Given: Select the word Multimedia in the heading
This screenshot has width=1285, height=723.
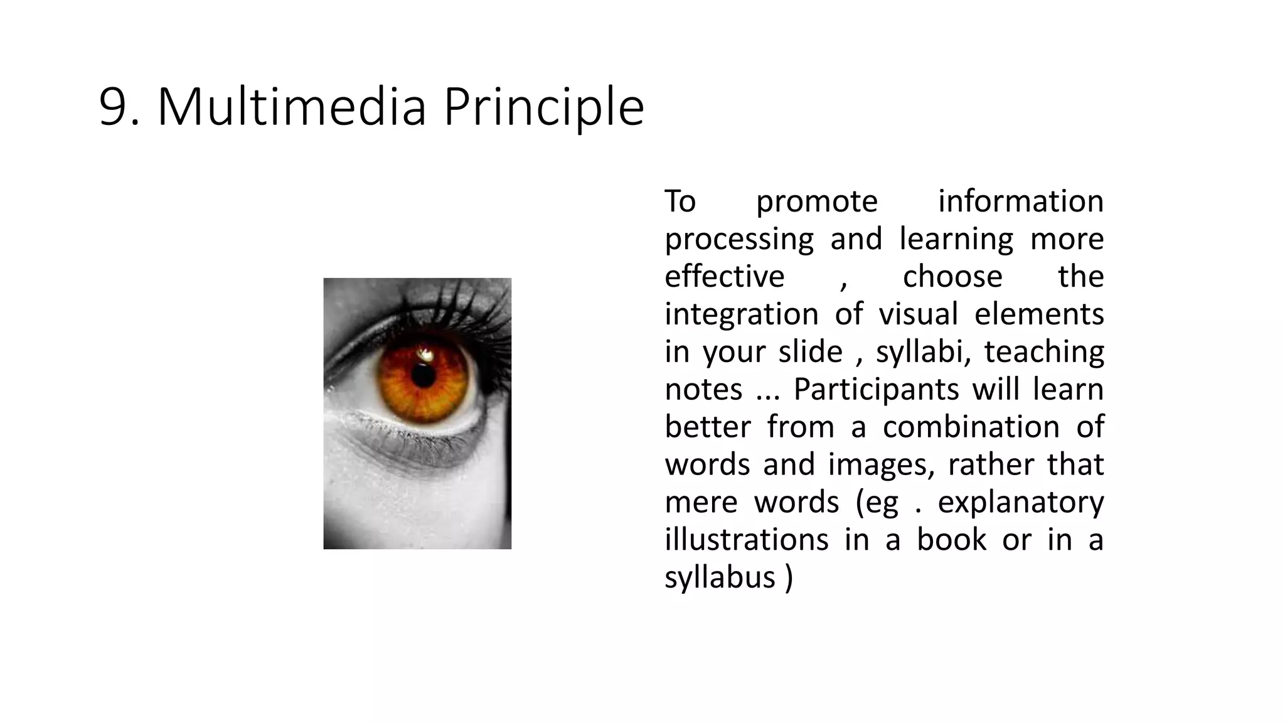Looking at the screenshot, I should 292,107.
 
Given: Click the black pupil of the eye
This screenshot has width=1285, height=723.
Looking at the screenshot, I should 424,375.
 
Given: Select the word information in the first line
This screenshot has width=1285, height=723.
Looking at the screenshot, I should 1020,201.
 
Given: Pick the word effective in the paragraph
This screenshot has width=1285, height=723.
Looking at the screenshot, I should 724,277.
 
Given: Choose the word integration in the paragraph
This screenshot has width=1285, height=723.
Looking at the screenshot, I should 741,315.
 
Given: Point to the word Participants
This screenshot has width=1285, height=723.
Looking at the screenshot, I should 876,390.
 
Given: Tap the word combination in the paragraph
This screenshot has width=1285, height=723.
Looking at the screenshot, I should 971,427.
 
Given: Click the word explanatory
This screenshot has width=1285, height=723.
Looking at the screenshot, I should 1020,503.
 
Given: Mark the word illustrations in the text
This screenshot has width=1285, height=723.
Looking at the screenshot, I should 746,540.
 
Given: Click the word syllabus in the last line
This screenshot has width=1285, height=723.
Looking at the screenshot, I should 720,578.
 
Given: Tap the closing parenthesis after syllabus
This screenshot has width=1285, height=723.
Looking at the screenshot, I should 789,578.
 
